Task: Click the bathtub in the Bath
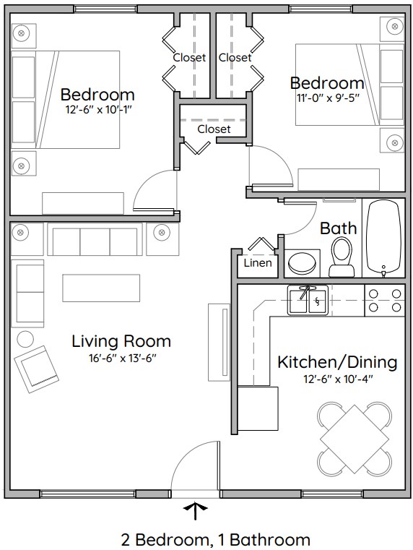pyautogui.click(x=383, y=239)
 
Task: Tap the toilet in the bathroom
pyautogui.click(x=342, y=258)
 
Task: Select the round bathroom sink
pyautogui.click(x=303, y=263)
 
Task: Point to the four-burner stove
pyautogui.click(x=385, y=300)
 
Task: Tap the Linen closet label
pyautogui.click(x=258, y=262)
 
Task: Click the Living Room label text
pyautogui.click(x=121, y=341)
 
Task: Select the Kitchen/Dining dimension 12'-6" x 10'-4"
pyautogui.click(x=337, y=379)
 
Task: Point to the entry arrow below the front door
pyautogui.click(x=194, y=511)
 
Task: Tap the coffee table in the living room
pyautogui.click(x=100, y=288)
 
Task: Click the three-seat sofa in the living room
pyautogui.click(x=95, y=239)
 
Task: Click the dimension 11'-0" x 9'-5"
pyautogui.click(x=326, y=99)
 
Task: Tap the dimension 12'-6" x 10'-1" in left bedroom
pyautogui.click(x=97, y=110)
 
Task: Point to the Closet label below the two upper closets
pyautogui.click(x=214, y=129)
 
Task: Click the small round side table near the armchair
pyautogui.click(x=25, y=338)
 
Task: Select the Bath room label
pyautogui.click(x=338, y=228)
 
